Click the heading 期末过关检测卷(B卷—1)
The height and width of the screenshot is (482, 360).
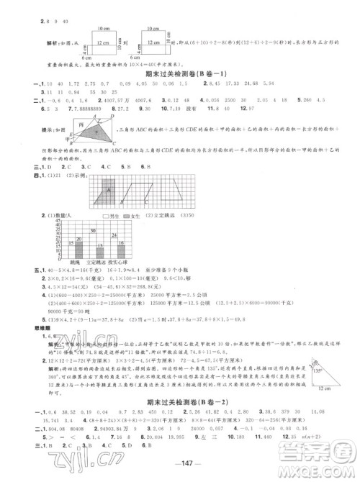[181, 74]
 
